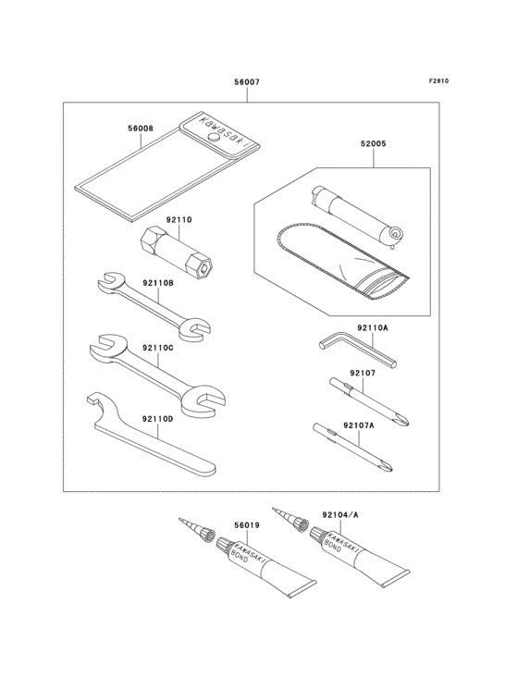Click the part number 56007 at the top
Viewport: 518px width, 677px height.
pos(246,82)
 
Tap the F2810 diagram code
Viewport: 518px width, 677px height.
pos(438,81)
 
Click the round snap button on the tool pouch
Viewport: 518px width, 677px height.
pos(213,136)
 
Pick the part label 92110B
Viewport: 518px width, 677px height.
pos(158,285)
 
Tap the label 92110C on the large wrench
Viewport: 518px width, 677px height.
pos(158,347)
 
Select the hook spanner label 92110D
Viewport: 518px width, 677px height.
pos(158,419)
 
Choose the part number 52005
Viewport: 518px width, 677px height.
pos(374,145)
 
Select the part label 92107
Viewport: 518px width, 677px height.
pos(363,374)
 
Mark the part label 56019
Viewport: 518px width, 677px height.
pos(247,525)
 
